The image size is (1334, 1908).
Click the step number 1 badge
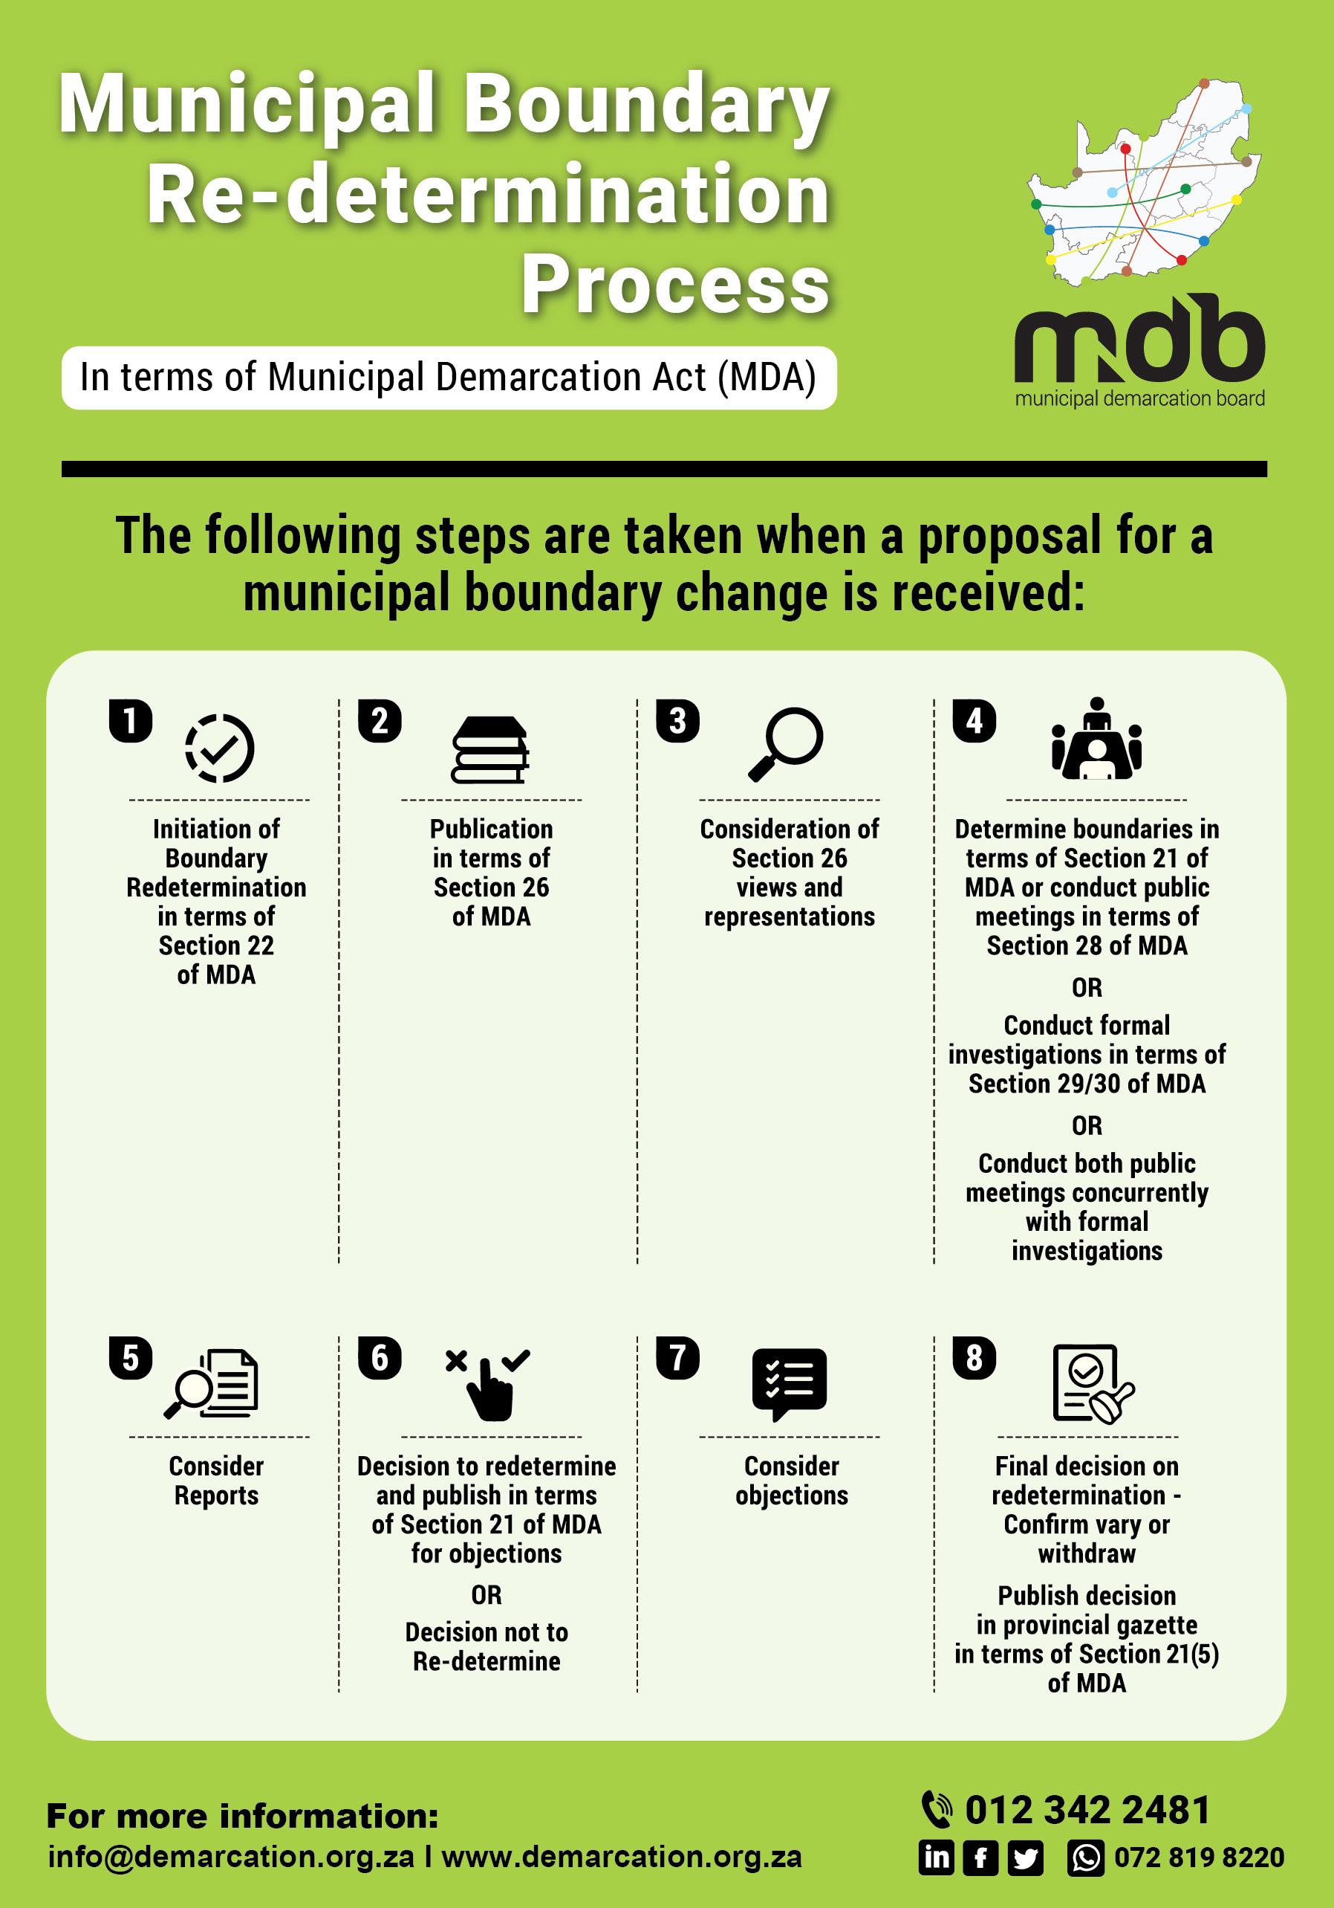(x=131, y=720)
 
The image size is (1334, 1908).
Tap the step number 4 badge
(x=975, y=720)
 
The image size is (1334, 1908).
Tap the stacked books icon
(x=490, y=748)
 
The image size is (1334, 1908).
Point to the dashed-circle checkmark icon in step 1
(x=219, y=748)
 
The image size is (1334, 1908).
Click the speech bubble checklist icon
(x=789, y=1383)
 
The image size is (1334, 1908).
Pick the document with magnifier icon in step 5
(x=212, y=1384)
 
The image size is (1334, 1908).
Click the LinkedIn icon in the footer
(x=937, y=1858)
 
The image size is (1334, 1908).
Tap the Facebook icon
(x=980, y=1858)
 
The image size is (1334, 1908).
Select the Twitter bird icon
(x=1025, y=1858)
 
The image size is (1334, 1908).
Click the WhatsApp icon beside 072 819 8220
(x=1086, y=1858)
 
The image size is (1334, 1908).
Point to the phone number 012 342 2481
(x=1087, y=1810)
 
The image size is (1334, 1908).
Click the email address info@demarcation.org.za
(x=231, y=1857)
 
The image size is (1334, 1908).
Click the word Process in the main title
(x=675, y=284)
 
